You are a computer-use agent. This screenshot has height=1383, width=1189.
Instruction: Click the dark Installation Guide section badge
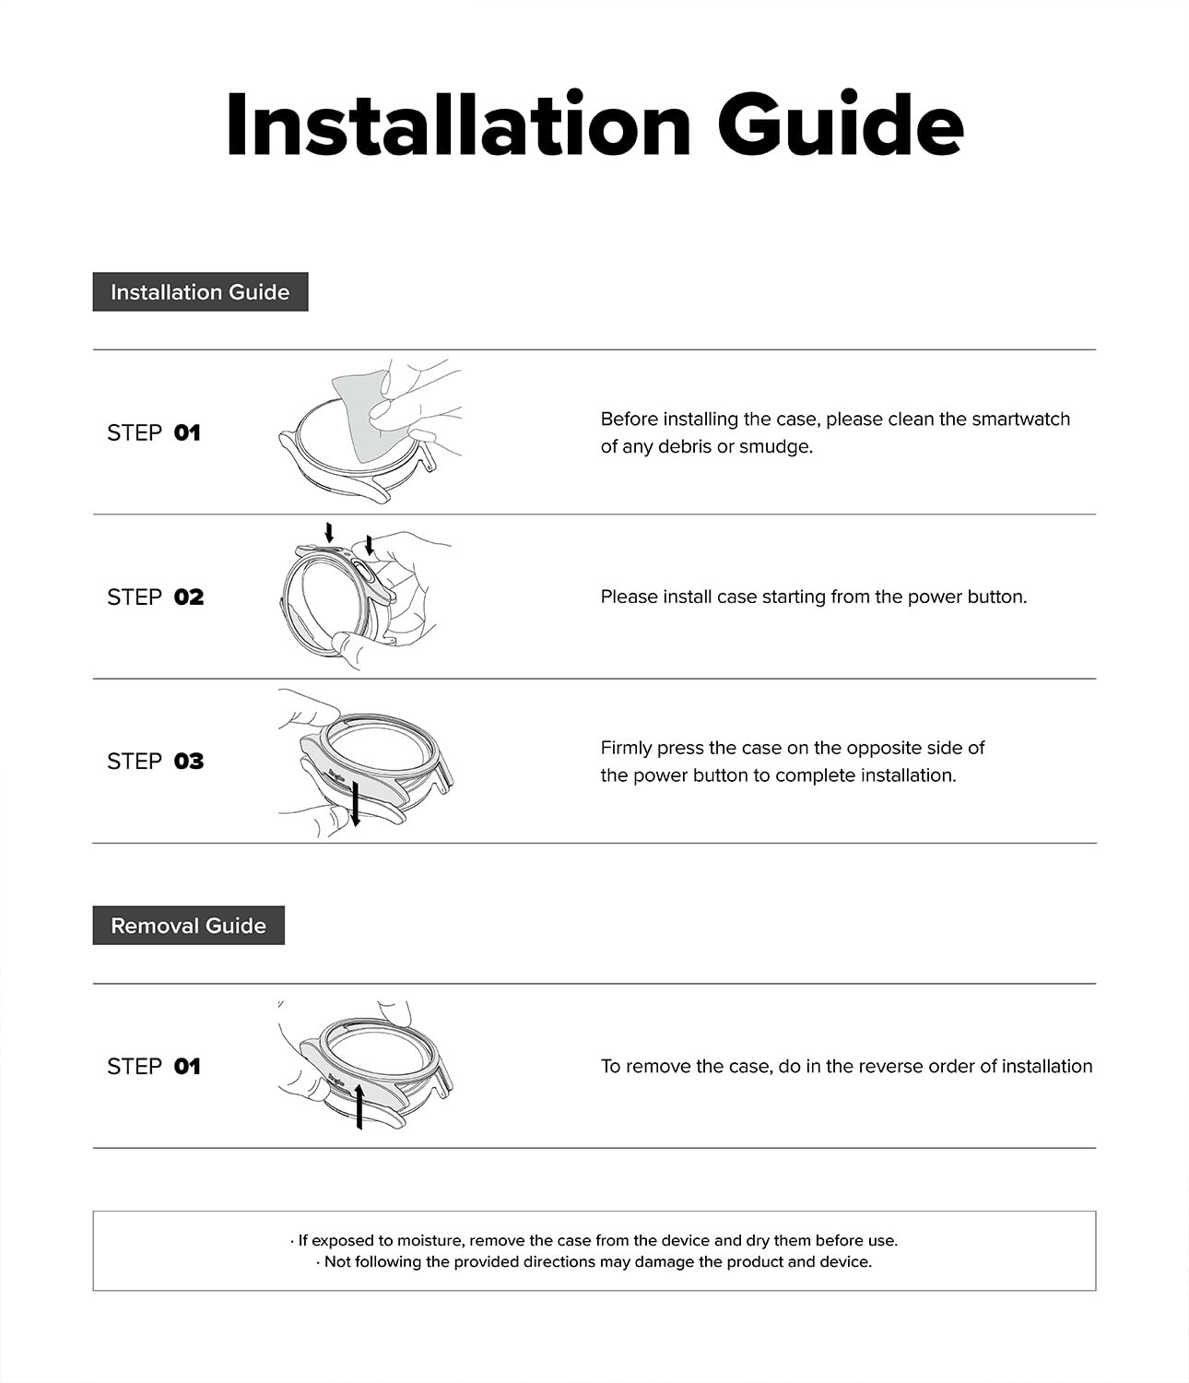[x=200, y=292]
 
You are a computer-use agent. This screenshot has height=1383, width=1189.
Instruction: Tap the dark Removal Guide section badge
[x=188, y=926]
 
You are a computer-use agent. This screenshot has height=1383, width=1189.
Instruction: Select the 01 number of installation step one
[x=187, y=432]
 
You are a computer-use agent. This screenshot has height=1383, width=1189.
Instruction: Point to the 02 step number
[x=188, y=597]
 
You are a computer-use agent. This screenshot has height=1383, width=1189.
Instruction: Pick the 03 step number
[x=188, y=762]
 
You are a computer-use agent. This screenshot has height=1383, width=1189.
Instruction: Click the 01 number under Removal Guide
[x=187, y=1067]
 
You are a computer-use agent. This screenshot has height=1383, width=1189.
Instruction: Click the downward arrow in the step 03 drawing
[x=356, y=807]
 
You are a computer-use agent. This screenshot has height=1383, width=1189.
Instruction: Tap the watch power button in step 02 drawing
[x=364, y=576]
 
